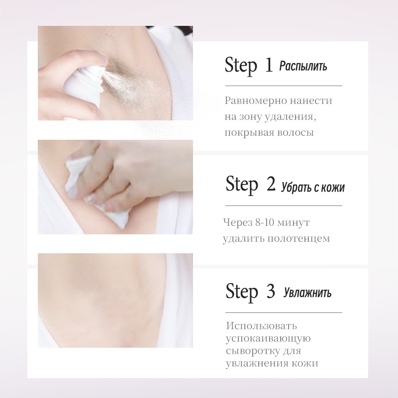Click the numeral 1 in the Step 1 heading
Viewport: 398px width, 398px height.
pyautogui.click(x=269, y=65)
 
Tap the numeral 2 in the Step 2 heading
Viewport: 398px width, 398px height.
pyautogui.click(x=271, y=184)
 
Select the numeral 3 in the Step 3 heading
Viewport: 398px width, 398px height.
pyautogui.click(x=271, y=291)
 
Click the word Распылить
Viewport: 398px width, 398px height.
pyautogui.click(x=303, y=67)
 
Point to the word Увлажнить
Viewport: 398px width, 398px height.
pyautogui.click(x=307, y=293)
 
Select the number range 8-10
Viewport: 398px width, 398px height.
pyautogui.click(x=265, y=222)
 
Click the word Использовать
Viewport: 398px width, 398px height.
pyautogui.click(x=262, y=326)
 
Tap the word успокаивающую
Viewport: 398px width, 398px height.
pyautogui.click(x=268, y=339)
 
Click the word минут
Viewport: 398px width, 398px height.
pyautogui.click(x=294, y=222)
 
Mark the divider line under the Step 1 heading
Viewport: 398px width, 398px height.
pyautogui.click(x=284, y=86)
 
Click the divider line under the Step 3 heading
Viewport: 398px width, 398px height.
pyautogui.click(x=284, y=312)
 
